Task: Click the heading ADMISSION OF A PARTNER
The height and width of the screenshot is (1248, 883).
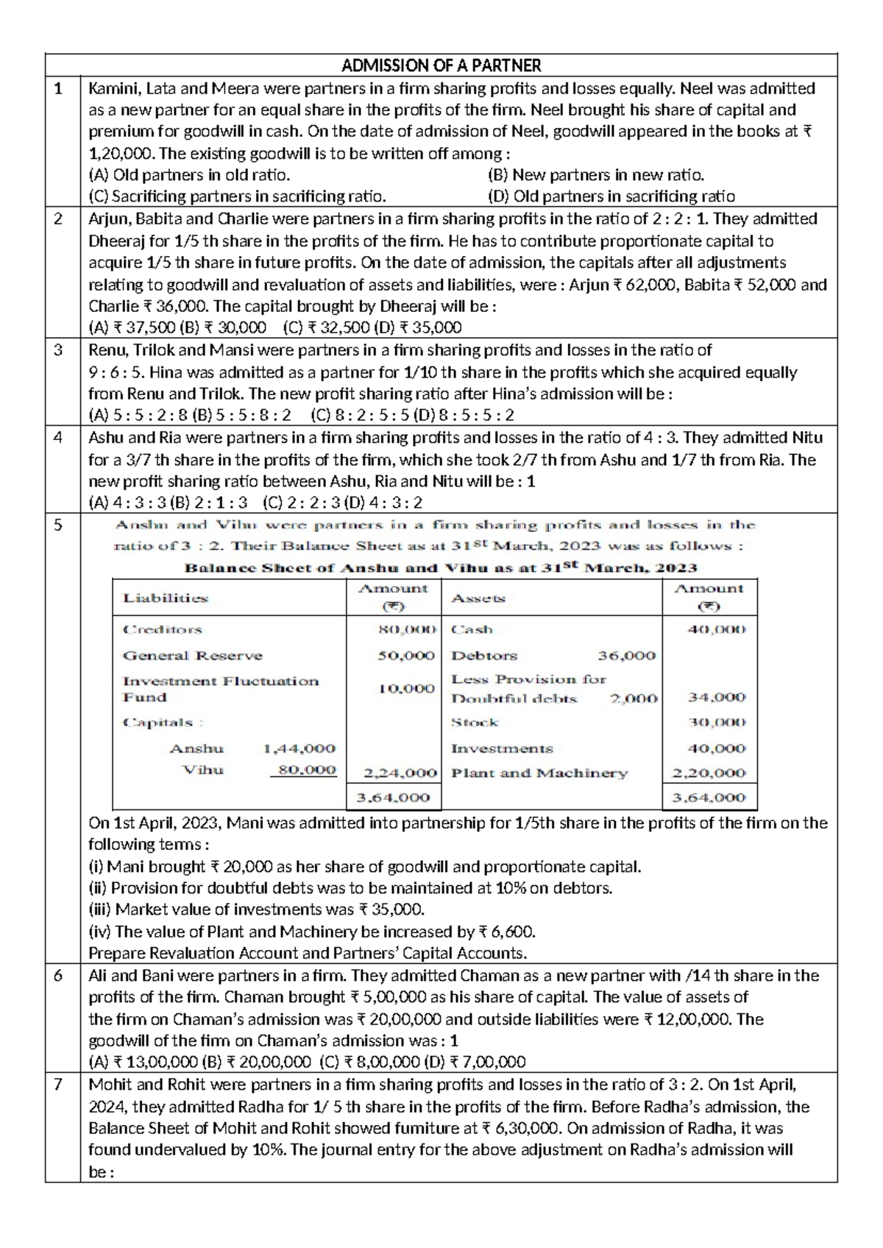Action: pyautogui.click(x=441, y=65)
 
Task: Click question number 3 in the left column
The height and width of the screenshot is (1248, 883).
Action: pyautogui.click(x=60, y=350)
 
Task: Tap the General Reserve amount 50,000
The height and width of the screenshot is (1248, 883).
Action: pyautogui.click(x=406, y=656)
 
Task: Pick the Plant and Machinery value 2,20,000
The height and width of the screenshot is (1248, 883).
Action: pyautogui.click(x=709, y=773)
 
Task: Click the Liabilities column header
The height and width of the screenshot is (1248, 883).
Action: pyautogui.click(x=166, y=598)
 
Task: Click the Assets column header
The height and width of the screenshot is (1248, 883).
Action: pyautogui.click(x=478, y=598)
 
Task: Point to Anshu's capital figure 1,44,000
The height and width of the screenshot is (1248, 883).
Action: pyautogui.click(x=299, y=748)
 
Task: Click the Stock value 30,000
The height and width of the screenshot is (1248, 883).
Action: pyautogui.click(x=716, y=723)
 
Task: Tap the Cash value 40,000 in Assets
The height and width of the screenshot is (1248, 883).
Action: pyautogui.click(x=716, y=630)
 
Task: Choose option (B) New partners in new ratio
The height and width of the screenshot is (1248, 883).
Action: pyautogui.click(x=596, y=175)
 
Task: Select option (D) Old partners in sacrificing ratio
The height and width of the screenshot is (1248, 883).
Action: pyautogui.click(x=611, y=196)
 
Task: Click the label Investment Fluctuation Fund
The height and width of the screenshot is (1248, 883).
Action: pyautogui.click(x=220, y=689)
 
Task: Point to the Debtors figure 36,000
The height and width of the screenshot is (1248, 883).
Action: pyautogui.click(x=626, y=656)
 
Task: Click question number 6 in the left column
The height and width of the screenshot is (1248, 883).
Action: pyautogui.click(x=60, y=976)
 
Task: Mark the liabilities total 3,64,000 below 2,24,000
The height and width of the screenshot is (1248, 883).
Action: pyautogui.click(x=393, y=798)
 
